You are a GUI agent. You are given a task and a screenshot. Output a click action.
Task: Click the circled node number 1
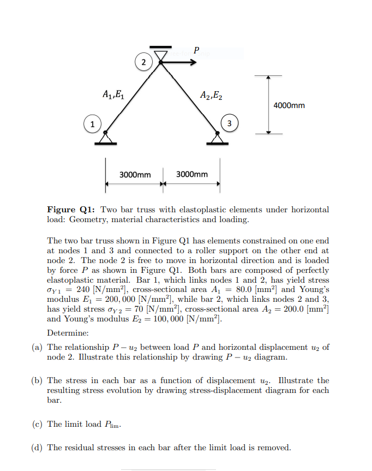[x=93, y=124]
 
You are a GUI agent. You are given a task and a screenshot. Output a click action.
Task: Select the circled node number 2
[x=143, y=62]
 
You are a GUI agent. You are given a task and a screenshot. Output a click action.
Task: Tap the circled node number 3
[x=230, y=124]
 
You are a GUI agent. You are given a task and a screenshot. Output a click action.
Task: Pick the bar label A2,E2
[x=211, y=94]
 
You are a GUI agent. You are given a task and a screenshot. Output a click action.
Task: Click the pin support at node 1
[x=105, y=138]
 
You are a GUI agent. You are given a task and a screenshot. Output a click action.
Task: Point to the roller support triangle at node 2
[x=160, y=55]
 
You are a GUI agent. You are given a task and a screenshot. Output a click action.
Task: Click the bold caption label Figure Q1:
[x=72, y=210]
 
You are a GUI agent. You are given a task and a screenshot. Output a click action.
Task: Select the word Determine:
[x=67, y=332]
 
